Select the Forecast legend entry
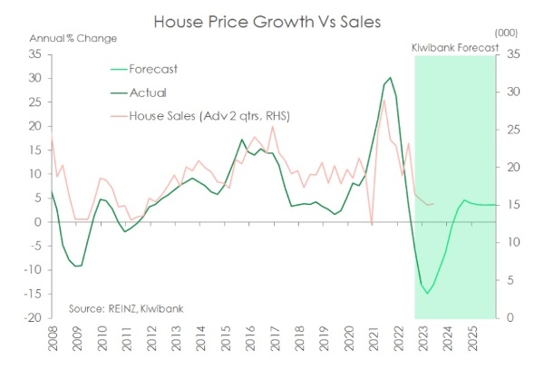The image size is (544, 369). [165, 68]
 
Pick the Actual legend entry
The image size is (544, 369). [159, 92]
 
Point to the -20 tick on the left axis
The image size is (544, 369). [33, 318]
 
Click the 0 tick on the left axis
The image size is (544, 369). [38, 222]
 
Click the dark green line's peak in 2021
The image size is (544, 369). [390, 78]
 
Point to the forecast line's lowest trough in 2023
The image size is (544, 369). [426, 293]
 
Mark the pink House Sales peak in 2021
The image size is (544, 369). [384, 100]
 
